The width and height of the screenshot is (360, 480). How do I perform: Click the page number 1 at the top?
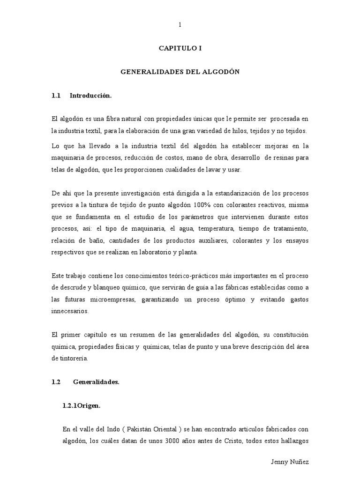tap(180, 25)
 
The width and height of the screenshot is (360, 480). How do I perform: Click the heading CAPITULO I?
tap(180, 48)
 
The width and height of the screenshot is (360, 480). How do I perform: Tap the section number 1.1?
tap(56, 96)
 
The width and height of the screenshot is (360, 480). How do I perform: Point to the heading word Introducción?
tap(91, 96)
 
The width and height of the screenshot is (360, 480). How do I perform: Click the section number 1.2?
tap(56, 382)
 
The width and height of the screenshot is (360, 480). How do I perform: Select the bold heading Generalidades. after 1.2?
tap(96, 382)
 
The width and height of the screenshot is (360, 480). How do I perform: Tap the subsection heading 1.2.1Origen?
tap(81, 406)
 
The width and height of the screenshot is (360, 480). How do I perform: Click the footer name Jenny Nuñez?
tap(290, 462)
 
